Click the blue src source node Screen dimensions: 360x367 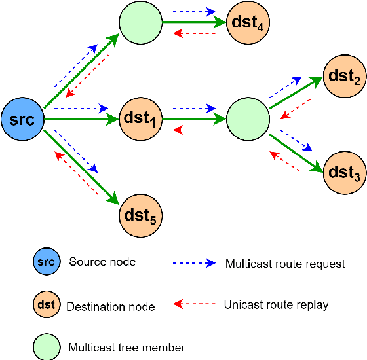click(x=22, y=119)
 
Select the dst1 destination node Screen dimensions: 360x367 click(x=140, y=119)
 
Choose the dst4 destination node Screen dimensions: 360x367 click(x=248, y=24)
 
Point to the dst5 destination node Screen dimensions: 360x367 click(x=140, y=214)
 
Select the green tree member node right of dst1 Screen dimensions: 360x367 click(x=248, y=119)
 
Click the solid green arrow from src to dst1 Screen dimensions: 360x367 click(x=82, y=119)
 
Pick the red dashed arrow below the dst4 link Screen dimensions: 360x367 click(x=194, y=34)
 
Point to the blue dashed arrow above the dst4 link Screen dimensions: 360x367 click(x=194, y=12)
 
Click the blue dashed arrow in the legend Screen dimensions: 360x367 click(x=194, y=263)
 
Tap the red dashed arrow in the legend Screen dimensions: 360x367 click(x=194, y=304)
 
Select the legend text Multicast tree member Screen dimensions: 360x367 click(x=126, y=347)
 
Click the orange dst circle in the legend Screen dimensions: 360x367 click(x=45, y=304)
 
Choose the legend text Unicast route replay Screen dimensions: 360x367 click(x=276, y=304)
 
